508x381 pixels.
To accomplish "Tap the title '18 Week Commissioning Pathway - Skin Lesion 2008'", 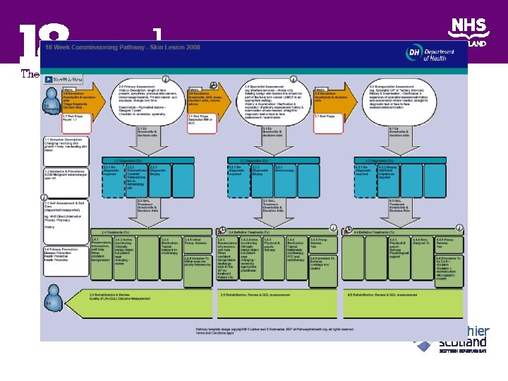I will click(x=123, y=47).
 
